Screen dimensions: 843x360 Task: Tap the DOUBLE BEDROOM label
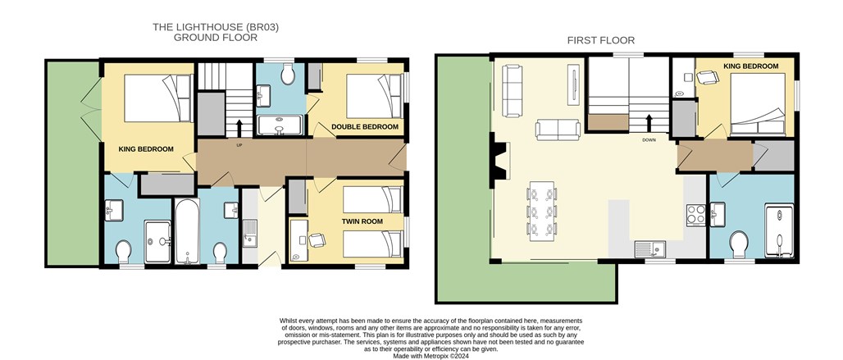[365, 127]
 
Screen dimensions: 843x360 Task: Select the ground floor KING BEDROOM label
[146, 148]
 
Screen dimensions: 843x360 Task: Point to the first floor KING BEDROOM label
[750, 66]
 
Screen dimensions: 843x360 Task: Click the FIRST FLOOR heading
[601, 40]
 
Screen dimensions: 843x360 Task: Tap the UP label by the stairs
[239, 144]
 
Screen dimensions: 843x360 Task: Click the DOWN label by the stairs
[649, 140]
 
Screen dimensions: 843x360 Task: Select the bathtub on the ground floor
[187, 231]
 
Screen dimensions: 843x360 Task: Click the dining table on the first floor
[542, 212]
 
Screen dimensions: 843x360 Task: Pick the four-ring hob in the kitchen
[695, 216]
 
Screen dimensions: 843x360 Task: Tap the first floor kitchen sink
[650, 249]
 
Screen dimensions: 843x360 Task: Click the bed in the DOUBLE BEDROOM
[374, 96]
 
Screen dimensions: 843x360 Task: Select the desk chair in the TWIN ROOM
[317, 239]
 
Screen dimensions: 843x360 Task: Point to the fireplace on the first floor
[499, 161]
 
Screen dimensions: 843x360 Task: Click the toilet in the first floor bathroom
[739, 244]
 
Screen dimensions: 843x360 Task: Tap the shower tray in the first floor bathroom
[779, 231]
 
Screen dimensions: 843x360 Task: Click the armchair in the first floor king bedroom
[707, 78]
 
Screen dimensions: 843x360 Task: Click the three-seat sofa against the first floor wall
[512, 90]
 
